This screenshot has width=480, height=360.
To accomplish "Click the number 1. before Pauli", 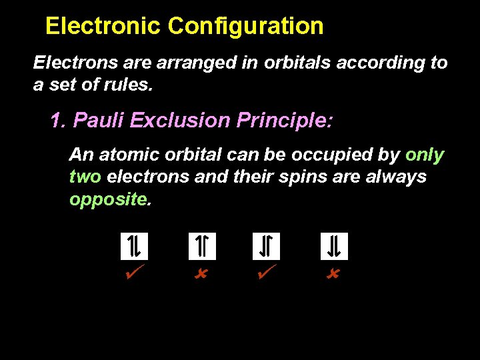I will [59, 121].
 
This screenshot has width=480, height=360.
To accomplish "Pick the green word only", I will [424, 155].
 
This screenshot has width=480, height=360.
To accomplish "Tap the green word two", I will [85, 177].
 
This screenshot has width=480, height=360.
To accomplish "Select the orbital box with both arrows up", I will [202, 247].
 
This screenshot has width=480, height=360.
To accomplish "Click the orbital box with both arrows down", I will [334, 247].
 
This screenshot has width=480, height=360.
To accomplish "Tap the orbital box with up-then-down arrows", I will [134, 247].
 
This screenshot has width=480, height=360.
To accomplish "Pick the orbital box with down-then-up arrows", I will [266, 247].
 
